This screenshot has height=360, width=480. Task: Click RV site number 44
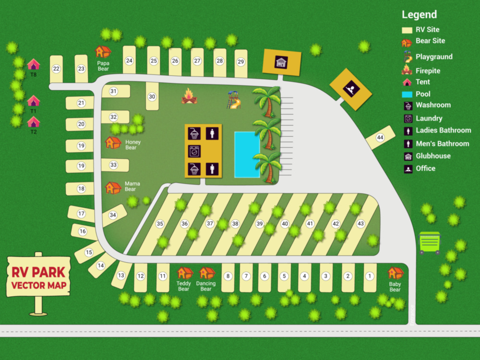(x=380, y=138)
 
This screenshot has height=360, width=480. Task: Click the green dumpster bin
(x=430, y=242)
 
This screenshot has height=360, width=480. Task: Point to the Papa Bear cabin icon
(x=103, y=51)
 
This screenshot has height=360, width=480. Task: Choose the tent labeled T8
(x=33, y=64)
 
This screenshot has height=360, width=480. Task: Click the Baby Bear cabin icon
(x=395, y=273)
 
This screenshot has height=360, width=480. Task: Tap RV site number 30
(x=152, y=96)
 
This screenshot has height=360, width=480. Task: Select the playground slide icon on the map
(x=233, y=100)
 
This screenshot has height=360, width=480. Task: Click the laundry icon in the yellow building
(x=194, y=151)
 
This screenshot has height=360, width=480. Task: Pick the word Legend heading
(x=419, y=14)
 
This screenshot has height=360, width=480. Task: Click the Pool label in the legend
(x=423, y=94)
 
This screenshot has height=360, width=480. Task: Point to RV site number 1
(x=369, y=276)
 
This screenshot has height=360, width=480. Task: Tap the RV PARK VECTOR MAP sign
(x=38, y=280)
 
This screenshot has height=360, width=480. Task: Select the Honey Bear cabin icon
(x=113, y=143)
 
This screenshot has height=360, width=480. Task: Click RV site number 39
(x=259, y=224)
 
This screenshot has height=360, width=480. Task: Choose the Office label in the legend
(x=426, y=168)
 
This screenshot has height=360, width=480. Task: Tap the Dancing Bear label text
(x=206, y=286)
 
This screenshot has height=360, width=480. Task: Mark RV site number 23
(x=81, y=69)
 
